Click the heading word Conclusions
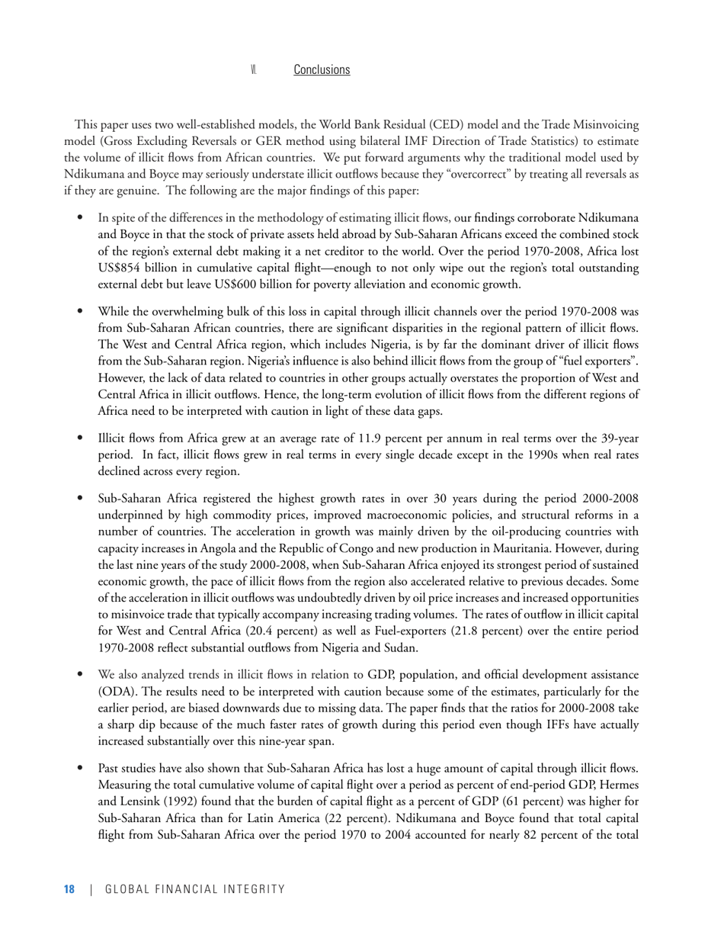(322, 69)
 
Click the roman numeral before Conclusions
(254, 70)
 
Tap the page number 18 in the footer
(69, 889)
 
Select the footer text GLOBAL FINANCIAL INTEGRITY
(195, 889)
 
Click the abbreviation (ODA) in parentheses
(115, 692)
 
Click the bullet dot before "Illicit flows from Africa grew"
(80, 438)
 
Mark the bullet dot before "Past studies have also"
(80, 768)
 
